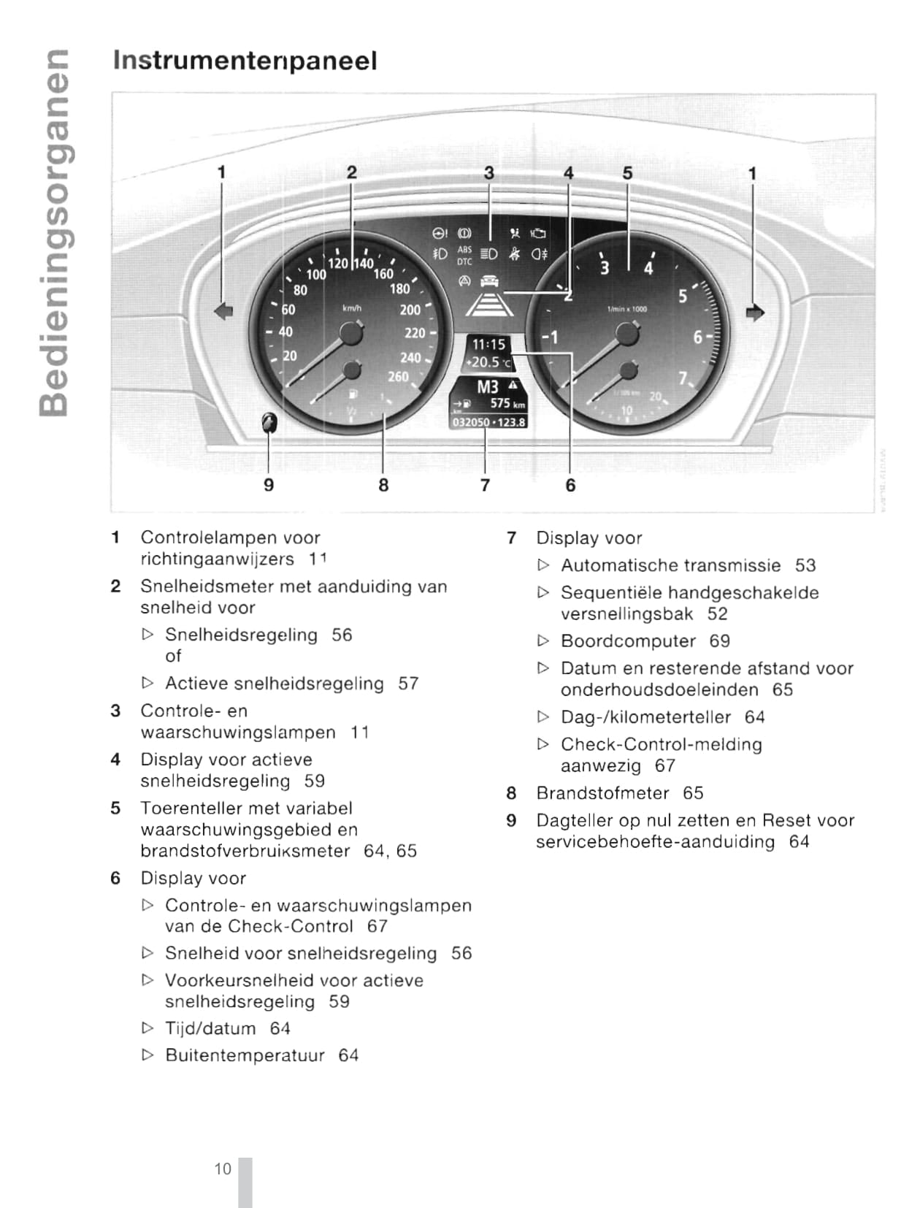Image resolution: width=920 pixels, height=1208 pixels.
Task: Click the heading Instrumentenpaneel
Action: (x=245, y=61)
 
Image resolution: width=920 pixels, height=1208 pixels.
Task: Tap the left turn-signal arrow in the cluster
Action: (x=223, y=311)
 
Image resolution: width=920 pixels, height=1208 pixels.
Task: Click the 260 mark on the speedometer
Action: (x=398, y=377)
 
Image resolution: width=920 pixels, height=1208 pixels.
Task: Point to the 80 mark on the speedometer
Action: (x=300, y=290)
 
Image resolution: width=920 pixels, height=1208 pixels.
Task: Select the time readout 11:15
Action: (x=488, y=345)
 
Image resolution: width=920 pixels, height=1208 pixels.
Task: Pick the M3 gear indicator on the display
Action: (x=488, y=386)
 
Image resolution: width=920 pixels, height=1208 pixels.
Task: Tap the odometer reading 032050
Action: (x=470, y=422)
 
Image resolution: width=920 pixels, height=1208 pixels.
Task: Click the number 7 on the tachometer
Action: (x=683, y=378)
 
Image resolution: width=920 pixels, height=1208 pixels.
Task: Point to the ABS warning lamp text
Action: (x=464, y=250)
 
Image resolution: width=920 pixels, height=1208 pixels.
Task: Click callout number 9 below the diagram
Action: (x=269, y=485)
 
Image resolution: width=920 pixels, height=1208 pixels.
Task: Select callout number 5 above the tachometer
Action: (x=627, y=173)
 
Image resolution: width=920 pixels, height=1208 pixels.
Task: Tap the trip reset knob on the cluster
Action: (x=269, y=422)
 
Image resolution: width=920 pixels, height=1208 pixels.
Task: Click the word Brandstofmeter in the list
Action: (x=602, y=793)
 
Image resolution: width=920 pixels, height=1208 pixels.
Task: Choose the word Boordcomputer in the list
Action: (x=628, y=641)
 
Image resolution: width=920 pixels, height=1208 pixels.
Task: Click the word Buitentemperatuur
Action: (x=245, y=1055)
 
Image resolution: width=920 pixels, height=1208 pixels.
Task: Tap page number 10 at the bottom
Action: (x=222, y=1169)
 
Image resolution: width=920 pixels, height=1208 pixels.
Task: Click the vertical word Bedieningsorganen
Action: (x=55, y=232)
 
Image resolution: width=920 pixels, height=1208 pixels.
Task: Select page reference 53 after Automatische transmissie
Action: (x=805, y=565)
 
